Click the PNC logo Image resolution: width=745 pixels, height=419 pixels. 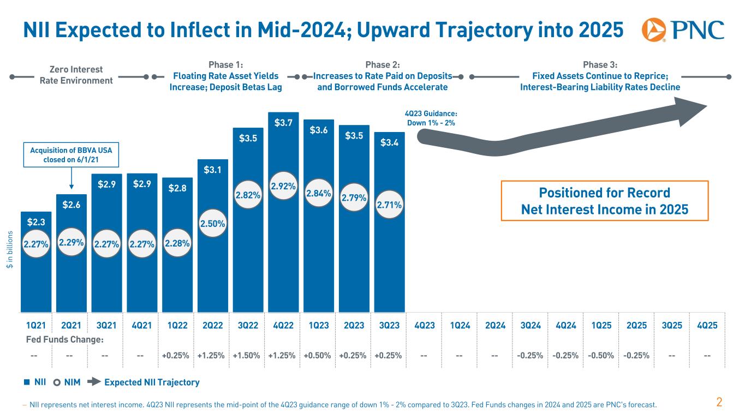[682, 30]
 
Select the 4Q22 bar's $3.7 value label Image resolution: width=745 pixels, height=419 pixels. [283, 123]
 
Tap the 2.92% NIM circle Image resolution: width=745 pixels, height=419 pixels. [283, 186]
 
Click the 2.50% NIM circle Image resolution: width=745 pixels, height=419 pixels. [212, 223]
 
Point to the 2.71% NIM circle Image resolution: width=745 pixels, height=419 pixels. [389, 205]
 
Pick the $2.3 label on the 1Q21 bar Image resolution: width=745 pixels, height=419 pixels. [35, 222]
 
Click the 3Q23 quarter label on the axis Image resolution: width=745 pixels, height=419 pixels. [389, 326]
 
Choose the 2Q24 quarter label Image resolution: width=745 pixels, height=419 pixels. [494, 326]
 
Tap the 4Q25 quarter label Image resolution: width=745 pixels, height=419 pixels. [707, 326]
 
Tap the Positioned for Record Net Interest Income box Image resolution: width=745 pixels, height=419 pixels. [604, 201]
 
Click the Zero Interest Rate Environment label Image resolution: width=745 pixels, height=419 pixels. [76, 75]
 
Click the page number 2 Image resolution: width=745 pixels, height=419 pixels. [719, 403]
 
